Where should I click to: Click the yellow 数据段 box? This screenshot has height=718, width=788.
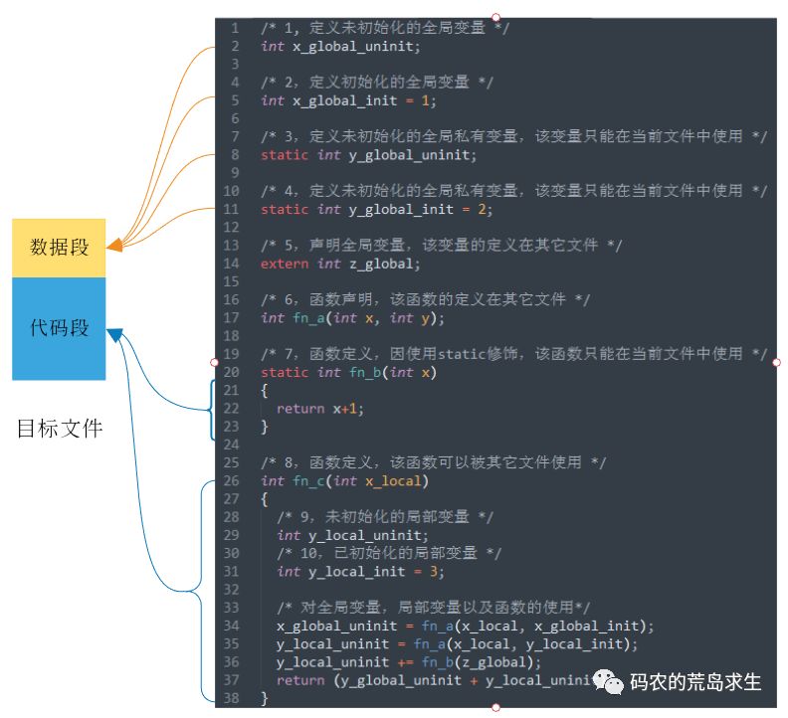(x=58, y=247)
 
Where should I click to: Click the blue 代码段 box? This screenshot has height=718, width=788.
(x=58, y=328)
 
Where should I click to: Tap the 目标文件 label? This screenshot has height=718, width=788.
(x=60, y=430)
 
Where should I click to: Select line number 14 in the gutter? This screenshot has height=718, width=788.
(x=232, y=264)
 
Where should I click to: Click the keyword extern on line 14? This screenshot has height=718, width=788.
(x=285, y=264)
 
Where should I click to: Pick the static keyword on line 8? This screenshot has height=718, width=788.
(x=285, y=155)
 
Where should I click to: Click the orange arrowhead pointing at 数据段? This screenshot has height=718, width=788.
(x=114, y=245)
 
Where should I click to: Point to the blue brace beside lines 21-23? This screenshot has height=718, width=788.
(x=212, y=409)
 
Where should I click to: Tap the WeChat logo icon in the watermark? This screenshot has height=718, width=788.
(x=609, y=681)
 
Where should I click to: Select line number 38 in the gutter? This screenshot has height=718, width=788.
(x=232, y=698)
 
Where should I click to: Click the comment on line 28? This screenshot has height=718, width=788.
(x=386, y=517)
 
